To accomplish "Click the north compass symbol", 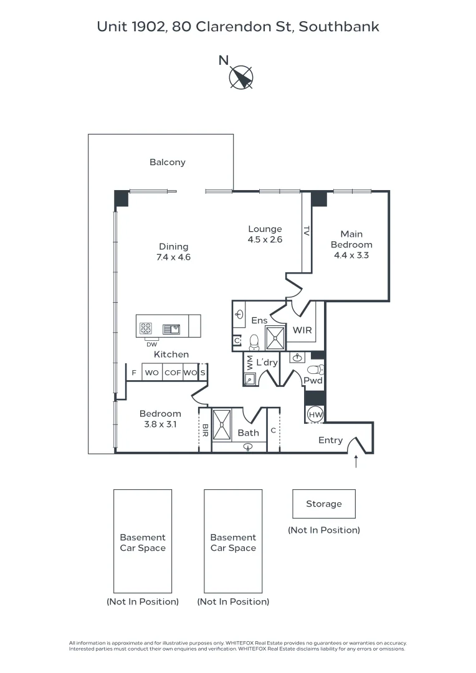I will click(241, 78).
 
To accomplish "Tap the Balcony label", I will click(167, 162).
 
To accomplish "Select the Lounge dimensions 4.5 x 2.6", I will click(265, 239).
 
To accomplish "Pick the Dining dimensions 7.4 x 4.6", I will click(173, 257).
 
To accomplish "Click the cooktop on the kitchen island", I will click(146, 328).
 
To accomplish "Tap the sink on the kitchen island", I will click(171, 329).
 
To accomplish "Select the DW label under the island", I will click(151, 344).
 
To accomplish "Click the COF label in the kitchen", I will click(172, 373).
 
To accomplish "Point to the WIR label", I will click(302, 330).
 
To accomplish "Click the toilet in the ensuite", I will click(254, 341).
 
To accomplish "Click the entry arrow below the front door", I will click(356, 462).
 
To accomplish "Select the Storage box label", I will click(323, 504).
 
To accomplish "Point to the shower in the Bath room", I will click(221, 425).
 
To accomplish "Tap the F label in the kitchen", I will click(133, 373).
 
